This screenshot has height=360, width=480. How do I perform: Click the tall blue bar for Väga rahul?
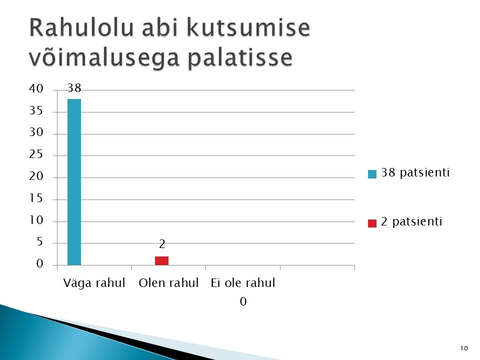pos(74,182)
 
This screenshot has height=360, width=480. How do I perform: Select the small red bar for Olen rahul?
pos(161,261)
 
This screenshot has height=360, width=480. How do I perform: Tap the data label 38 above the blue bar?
pos(74,88)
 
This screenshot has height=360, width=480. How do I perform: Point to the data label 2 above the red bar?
pos(162,244)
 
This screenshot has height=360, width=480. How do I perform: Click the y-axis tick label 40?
pos(36,88)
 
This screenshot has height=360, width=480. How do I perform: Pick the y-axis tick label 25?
pos(36,154)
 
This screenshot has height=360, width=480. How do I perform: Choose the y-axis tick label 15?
pos(36,198)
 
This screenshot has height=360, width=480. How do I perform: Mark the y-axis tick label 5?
pos(40,242)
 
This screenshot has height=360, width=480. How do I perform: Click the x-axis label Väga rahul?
pos(94,282)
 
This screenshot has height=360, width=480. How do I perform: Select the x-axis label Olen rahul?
pos(168,282)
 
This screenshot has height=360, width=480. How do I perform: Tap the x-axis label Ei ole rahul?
pos(243,282)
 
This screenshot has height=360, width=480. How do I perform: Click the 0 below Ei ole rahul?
pos(243,301)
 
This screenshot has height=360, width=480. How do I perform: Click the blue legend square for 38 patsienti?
pos(372,174)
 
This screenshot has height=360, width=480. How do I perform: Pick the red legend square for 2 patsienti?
pos(372,223)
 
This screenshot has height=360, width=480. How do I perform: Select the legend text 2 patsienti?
pos(411,221)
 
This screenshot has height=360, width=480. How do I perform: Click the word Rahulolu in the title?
pos(81,27)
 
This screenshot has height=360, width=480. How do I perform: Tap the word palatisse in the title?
pos(240,57)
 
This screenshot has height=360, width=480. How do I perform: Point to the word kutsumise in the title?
pos(248,27)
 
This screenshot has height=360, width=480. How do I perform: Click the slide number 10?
pos(464,348)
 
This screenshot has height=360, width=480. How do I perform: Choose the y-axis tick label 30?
pos(36,132)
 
